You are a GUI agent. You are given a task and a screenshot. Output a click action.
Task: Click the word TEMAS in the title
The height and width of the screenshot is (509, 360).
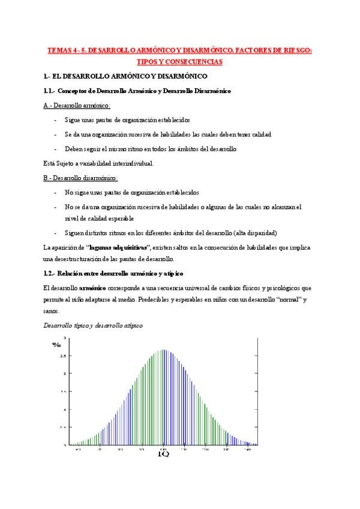click(59, 52)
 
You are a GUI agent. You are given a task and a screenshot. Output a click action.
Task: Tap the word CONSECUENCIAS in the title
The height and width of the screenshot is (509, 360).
click(192, 62)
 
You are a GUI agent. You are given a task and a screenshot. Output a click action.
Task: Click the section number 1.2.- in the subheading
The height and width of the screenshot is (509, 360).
click(50, 274)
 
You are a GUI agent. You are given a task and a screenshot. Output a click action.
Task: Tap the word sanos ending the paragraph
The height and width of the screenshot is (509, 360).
click(52, 311)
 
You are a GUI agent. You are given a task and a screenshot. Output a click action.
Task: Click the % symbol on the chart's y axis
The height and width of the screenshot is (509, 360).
click(56, 344)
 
